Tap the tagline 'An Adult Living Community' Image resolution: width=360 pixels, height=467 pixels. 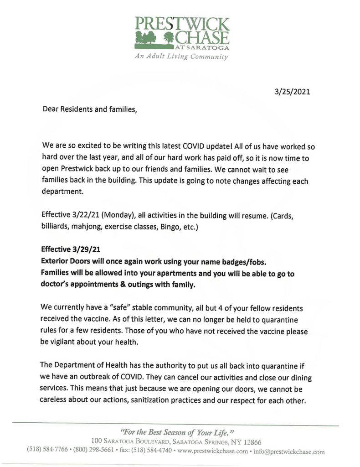point(181,57)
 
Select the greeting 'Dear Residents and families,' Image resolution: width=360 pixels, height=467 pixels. point(89,109)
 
